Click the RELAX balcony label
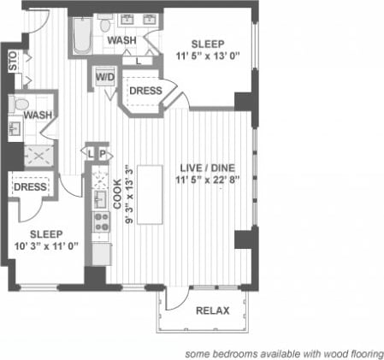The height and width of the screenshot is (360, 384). [212, 310]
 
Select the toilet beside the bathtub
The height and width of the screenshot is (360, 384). [106, 25]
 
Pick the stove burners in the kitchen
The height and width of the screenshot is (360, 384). [101, 222]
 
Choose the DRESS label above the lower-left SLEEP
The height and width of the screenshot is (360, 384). [31, 187]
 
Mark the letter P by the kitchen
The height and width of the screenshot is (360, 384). [103, 154]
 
